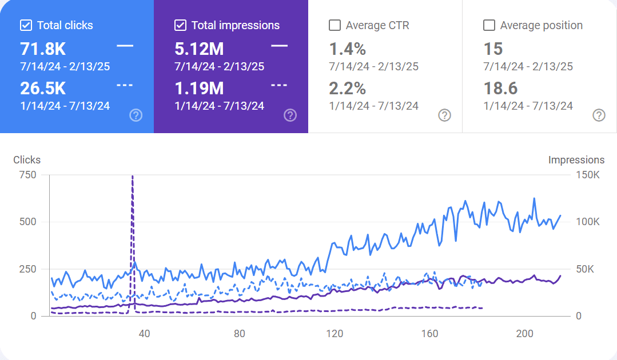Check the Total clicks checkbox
[26, 25]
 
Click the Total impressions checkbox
[180, 25]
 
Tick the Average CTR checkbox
[335, 25]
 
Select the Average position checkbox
[489, 25]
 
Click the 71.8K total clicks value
[43, 49]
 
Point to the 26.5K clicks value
[43, 88]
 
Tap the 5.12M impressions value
[199, 49]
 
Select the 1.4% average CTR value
[347, 49]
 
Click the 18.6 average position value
[500, 88]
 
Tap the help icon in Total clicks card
[136, 115]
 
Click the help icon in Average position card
[599, 115]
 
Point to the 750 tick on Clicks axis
[28, 175]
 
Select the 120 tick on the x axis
[335, 334]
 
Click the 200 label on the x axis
[524, 334]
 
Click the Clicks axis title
[27, 160]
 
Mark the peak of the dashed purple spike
[133, 177]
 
